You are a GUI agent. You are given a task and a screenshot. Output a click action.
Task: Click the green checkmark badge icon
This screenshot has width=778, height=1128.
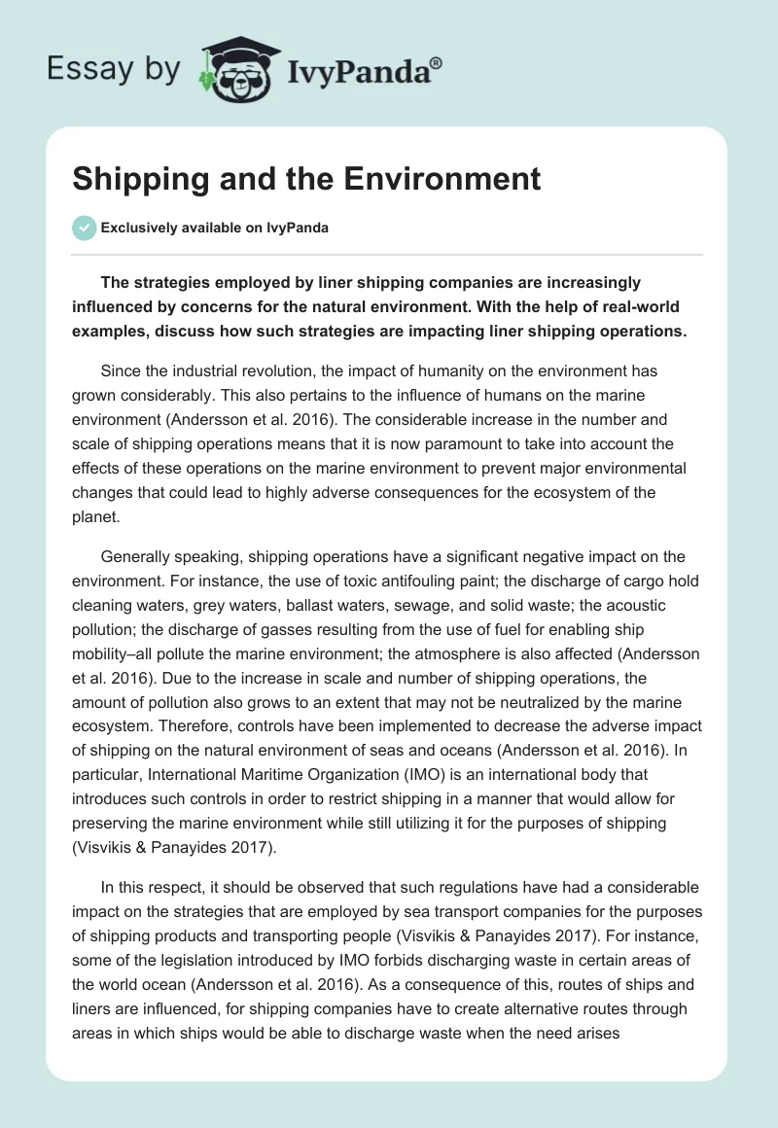tap(84, 228)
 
